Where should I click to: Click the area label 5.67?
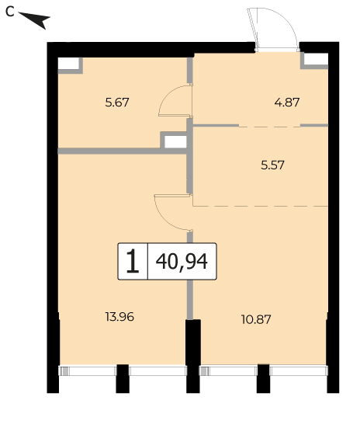pyautogui.click(x=117, y=103)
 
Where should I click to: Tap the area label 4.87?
pyautogui.click(x=287, y=103)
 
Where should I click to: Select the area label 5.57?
pyautogui.click(x=272, y=165)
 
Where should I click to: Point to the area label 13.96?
pyautogui.click(x=119, y=317)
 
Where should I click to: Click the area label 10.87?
pyautogui.click(x=256, y=319)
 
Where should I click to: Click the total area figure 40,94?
pyautogui.click(x=182, y=262)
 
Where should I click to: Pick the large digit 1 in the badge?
pyautogui.click(x=133, y=261)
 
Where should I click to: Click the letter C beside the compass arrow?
pyautogui.click(x=9, y=12)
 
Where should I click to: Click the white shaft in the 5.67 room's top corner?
pyautogui.click(x=68, y=64)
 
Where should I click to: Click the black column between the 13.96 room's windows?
pyautogui.click(x=123, y=378)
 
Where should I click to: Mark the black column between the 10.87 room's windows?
pyautogui.click(x=263, y=378)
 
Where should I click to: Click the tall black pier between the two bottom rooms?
pyautogui.click(x=193, y=356)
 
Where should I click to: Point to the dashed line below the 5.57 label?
pyautogui.click(x=260, y=206)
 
